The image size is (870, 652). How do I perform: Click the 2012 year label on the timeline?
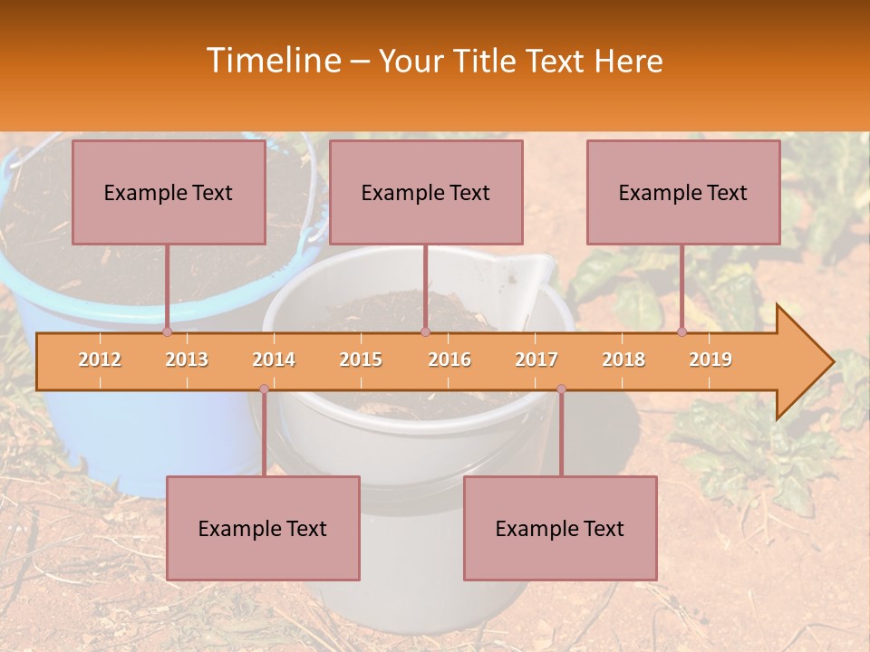pyautogui.click(x=100, y=360)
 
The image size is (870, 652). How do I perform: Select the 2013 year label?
pyautogui.click(x=187, y=360)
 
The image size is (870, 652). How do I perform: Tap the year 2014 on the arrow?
pyautogui.click(x=274, y=360)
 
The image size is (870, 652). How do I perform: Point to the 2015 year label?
pyautogui.click(x=361, y=360)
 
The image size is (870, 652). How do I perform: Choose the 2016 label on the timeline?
pyautogui.click(x=449, y=360)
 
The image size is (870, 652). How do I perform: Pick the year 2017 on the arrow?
pyautogui.click(x=536, y=360)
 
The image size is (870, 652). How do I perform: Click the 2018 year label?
pyautogui.click(x=623, y=360)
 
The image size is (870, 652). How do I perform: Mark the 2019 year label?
pyautogui.click(x=710, y=360)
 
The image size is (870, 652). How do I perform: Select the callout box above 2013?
pyautogui.click(x=169, y=192)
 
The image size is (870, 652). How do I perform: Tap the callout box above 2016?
pyautogui.click(x=426, y=192)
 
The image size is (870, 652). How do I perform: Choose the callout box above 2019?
pyautogui.click(x=683, y=192)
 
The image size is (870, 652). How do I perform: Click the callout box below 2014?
pyautogui.click(x=263, y=528)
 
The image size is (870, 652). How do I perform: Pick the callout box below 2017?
pyautogui.click(x=560, y=528)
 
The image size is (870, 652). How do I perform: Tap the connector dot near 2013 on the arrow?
pyautogui.click(x=168, y=332)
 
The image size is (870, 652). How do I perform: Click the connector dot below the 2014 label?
pyautogui.click(x=264, y=389)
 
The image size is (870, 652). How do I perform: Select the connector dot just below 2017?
pyautogui.click(x=561, y=389)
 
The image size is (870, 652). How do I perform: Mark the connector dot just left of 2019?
pyautogui.click(x=682, y=332)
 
